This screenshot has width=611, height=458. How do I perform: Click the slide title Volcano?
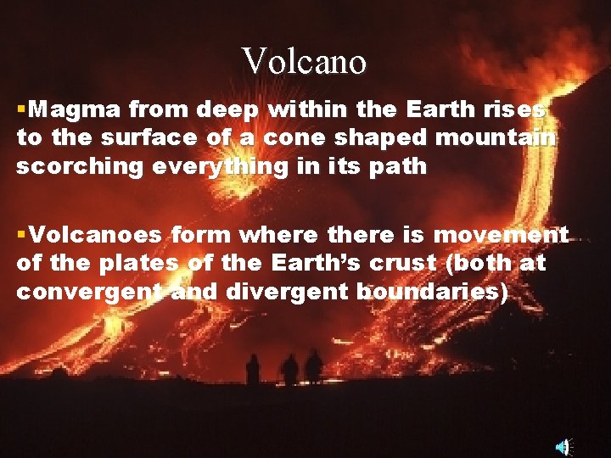[x=304, y=61]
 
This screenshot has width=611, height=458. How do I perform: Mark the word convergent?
[x=89, y=293]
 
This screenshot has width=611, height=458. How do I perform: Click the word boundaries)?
[x=433, y=293]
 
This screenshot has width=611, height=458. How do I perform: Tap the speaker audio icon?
[x=563, y=446]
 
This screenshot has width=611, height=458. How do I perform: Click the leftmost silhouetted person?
[x=252, y=370]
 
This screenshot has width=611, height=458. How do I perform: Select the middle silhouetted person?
[x=290, y=370]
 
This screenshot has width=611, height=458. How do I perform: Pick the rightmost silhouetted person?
[x=314, y=366]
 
